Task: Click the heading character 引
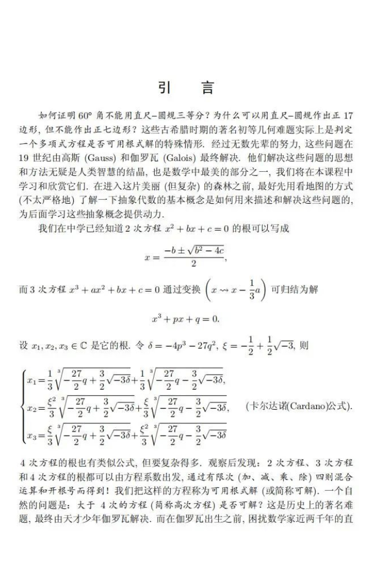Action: (164, 88)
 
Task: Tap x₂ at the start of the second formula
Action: (32, 409)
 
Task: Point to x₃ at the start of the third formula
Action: (32, 437)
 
